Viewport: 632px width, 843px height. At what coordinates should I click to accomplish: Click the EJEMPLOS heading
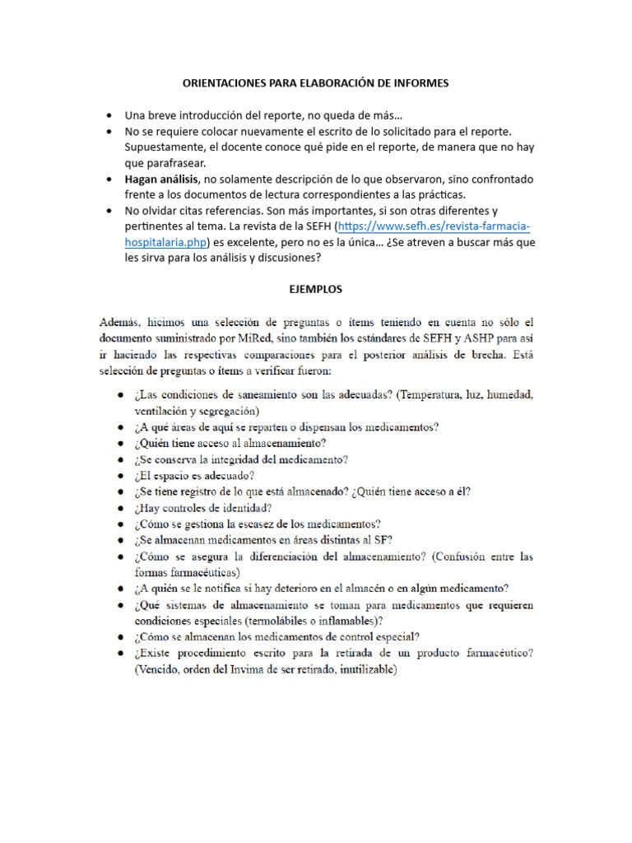[315, 290]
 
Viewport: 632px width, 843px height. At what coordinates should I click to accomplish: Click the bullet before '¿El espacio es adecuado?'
[121, 476]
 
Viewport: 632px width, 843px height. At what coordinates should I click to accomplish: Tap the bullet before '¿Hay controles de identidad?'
[121, 508]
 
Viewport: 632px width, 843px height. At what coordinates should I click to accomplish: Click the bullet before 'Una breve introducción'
[110, 115]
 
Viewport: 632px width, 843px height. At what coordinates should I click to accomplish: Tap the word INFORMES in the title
[421, 83]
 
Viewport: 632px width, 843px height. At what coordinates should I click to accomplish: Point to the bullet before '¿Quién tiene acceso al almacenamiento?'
[121, 443]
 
